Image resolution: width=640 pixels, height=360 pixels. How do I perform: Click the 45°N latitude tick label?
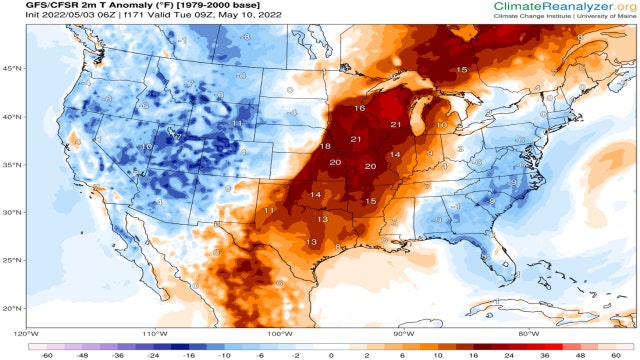click(11, 68)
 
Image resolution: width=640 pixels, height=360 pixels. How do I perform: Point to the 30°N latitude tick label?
click(11, 212)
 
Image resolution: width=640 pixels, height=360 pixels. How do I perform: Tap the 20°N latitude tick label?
click(11, 308)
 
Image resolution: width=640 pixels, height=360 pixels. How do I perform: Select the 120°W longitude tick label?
click(26, 333)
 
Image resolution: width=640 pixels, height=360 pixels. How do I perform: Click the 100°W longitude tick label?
click(279, 333)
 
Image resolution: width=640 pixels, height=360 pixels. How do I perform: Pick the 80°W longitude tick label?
click(529, 333)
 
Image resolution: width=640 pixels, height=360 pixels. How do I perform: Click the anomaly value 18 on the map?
click(325, 147)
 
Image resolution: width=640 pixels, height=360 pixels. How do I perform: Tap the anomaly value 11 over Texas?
click(269, 211)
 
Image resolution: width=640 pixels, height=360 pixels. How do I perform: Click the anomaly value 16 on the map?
click(359, 108)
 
